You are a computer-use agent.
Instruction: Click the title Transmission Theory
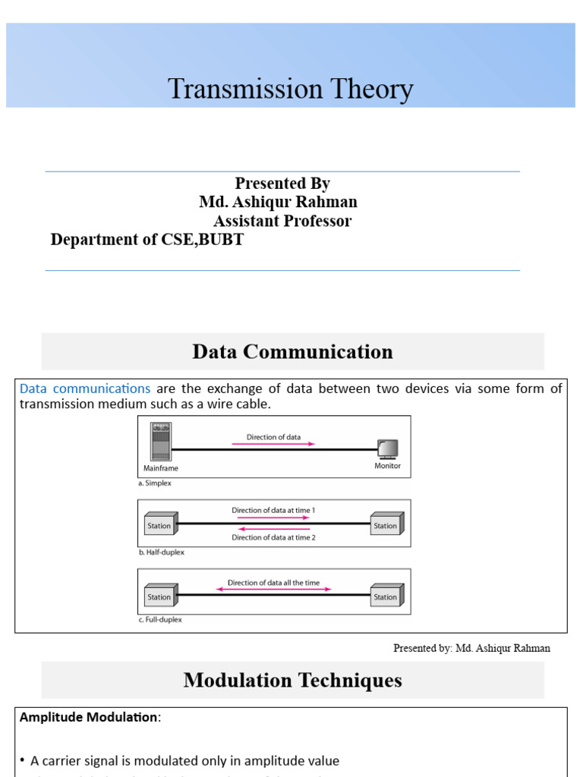(291, 90)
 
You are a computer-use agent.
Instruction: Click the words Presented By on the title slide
(282, 184)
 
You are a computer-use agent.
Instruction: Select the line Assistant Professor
(282, 221)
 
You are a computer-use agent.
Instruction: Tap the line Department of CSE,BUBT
(147, 240)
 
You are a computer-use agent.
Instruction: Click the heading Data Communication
(292, 352)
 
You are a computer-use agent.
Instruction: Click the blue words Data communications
(85, 388)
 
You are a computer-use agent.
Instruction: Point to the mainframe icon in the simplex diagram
(161, 442)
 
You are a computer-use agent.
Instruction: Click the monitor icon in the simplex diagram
(387, 448)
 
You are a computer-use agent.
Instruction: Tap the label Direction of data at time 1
(273, 511)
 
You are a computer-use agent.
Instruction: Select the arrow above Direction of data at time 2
(273, 529)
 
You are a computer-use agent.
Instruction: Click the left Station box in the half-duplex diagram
(160, 525)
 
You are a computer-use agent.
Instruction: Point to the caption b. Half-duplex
(161, 552)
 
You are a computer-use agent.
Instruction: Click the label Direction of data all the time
(274, 583)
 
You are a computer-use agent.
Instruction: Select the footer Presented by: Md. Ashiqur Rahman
(471, 648)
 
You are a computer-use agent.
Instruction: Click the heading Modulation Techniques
(292, 680)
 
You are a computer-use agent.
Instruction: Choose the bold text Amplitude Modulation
(89, 717)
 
